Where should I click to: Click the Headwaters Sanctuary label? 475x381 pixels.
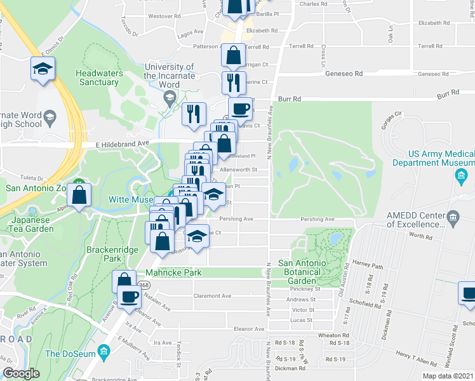pos(98,77)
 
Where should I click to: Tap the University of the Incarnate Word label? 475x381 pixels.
pos(169,71)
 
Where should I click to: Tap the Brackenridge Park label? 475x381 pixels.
pos(112,255)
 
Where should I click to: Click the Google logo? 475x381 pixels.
pos(21,373)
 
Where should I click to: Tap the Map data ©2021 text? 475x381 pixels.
pos(448,376)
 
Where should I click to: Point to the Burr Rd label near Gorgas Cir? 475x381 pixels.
pos(448,95)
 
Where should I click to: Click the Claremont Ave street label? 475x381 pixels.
pos(213,296)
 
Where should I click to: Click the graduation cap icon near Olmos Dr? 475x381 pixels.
pos(43,69)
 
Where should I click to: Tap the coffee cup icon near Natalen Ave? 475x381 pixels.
pos(130,296)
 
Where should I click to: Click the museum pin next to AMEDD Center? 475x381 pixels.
pos(453,218)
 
